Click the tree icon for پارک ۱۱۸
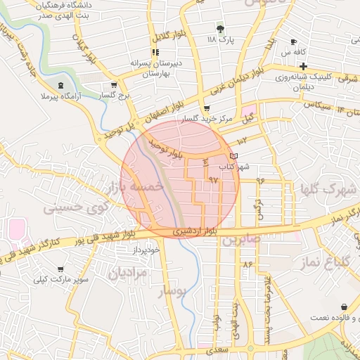(220, 29)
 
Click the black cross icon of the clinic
(303, 66)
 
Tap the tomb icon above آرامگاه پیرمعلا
(61, 84)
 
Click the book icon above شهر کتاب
(233, 156)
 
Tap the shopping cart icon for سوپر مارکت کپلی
(60, 269)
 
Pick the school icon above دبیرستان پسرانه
(155, 52)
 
